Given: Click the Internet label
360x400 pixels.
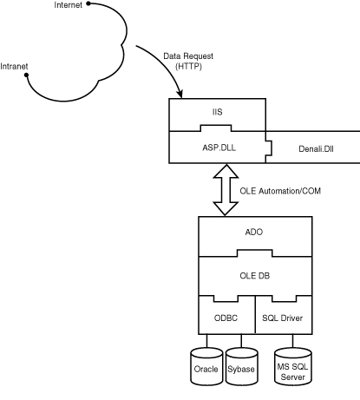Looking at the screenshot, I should [69, 6].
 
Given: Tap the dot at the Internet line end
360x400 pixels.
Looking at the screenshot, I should [89, 4].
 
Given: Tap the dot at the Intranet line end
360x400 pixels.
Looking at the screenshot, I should [28, 75].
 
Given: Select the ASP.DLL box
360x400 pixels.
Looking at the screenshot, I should [218, 148].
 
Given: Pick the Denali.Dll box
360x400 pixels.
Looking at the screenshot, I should [299, 149].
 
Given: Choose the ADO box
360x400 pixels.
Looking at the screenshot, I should [254, 233].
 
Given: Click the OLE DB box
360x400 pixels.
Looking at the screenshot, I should [254, 277].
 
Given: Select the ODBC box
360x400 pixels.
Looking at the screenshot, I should [226, 318].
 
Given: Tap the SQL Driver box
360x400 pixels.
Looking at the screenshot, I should [282, 318].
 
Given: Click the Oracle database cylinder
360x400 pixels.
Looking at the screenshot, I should [206, 368].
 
